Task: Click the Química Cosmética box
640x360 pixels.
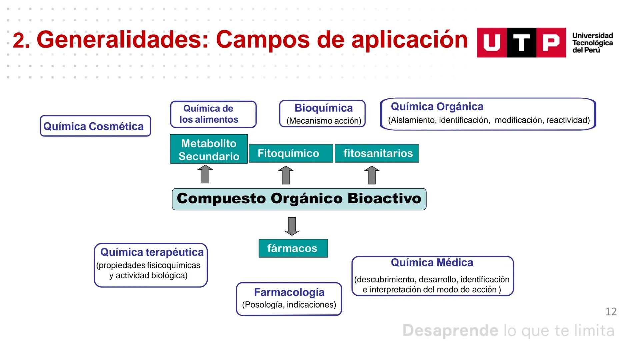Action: coord(95,126)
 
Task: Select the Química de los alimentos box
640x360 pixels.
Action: coord(213,114)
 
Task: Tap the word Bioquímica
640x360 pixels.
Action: coord(323,108)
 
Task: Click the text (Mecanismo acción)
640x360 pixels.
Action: coord(324,121)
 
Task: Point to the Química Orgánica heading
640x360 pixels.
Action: coord(437,107)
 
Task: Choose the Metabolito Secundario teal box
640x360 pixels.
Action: coord(209,149)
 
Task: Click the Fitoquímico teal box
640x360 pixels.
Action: coord(291,153)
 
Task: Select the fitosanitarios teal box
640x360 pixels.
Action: coord(377,153)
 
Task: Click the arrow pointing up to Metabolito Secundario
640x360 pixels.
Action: coord(205,174)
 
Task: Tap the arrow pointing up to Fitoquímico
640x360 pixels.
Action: coord(286,175)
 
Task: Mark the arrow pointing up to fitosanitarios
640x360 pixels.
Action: coord(372,175)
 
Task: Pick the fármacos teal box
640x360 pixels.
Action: coord(293,248)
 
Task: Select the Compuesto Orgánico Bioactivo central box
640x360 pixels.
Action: coord(299,199)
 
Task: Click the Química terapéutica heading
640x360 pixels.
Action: coord(152,252)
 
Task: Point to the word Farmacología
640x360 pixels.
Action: coord(289,292)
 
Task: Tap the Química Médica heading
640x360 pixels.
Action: coord(432,263)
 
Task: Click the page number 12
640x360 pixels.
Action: coord(611,312)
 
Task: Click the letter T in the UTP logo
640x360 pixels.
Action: coord(521,43)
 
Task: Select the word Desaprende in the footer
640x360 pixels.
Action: coord(450,331)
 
